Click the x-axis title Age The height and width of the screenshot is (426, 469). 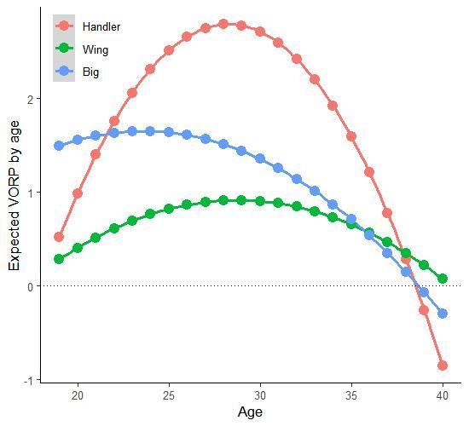(251, 412)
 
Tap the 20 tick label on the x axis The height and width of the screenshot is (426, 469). (78, 396)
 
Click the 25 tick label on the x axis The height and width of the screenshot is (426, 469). (169, 396)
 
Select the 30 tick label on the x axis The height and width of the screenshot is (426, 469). (260, 396)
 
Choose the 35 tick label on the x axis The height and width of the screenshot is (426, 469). (351, 396)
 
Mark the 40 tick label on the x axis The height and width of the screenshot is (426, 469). (443, 396)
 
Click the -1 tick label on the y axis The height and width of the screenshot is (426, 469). (30, 380)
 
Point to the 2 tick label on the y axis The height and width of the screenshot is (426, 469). (32, 99)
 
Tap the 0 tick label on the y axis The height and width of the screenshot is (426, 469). (32, 286)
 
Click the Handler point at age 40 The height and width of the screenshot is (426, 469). (443, 366)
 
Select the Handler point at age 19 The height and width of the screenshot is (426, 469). (59, 237)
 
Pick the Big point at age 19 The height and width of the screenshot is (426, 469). (59, 146)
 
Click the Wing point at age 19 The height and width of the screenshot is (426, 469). (59, 259)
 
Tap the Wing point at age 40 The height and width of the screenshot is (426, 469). (443, 279)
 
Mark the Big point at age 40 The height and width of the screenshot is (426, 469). (443, 314)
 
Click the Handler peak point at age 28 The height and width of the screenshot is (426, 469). (223, 24)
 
